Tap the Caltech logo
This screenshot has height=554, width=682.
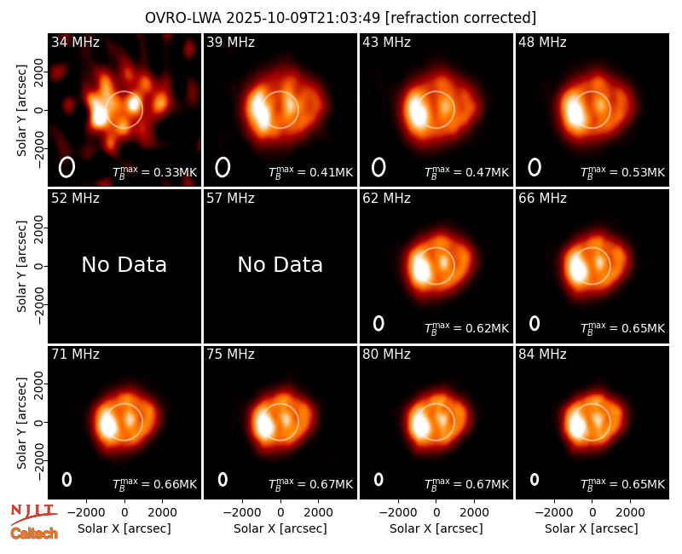point(34,534)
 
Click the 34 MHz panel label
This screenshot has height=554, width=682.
point(75,42)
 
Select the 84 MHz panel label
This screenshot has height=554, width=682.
point(542,355)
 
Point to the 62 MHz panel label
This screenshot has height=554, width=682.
point(387,199)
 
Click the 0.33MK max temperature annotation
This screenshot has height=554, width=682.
point(155,172)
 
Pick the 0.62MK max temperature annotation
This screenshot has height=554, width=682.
point(466,328)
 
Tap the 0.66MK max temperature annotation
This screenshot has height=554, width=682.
point(155,484)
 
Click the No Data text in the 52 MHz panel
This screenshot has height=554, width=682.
point(124,264)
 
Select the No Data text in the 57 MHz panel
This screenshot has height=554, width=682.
point(280,264)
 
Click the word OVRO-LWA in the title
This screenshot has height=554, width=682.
point(183,18)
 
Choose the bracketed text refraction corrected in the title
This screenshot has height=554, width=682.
point(460,18)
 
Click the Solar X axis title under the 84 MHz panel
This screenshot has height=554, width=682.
point(592,528)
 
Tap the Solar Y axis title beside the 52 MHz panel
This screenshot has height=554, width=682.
point(22,266)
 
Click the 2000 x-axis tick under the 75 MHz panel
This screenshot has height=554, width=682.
point(318,513)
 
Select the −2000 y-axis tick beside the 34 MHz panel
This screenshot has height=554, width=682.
point(39,149)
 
